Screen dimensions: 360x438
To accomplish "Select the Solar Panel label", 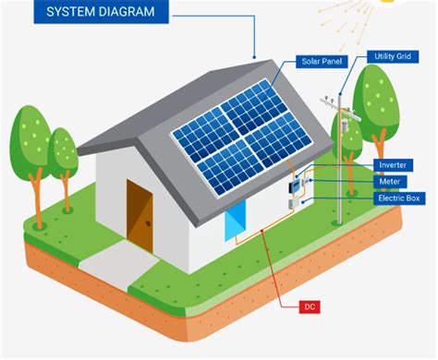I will [x=321, y=62].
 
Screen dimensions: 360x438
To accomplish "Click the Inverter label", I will [x=392, y=164].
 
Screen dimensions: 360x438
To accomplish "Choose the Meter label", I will [x=388, y=181].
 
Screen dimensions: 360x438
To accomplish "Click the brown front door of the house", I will [x=140, y=213].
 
